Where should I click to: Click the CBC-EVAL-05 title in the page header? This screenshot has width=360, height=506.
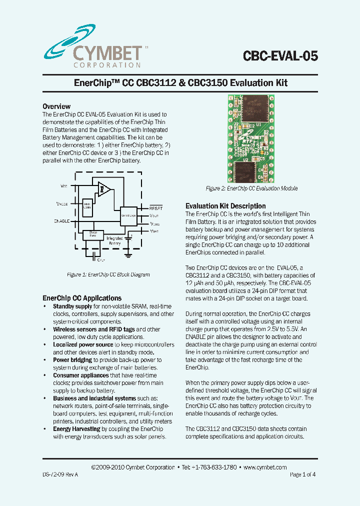click(280, 55)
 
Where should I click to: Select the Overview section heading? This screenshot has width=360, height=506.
click(56, 106)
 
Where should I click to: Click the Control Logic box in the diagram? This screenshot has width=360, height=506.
click(128, 215)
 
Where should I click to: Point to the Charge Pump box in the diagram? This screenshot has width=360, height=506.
click(93, 234)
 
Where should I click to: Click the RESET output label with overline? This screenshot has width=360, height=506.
click(156, 207)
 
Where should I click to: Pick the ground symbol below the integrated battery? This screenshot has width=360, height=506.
click(128, 255)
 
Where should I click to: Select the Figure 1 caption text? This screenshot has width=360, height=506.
click(108, 274)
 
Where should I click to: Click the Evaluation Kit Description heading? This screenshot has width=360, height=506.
click(225, 206)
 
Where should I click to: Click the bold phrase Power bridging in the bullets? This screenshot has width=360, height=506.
click(72, 360)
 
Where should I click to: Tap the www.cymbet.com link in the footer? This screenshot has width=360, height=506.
click(265, 467)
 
